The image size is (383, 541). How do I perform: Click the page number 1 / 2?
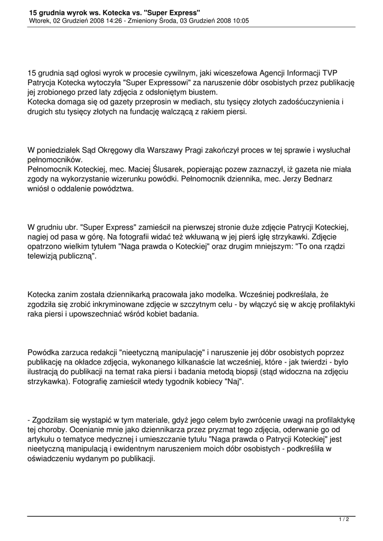tap(344, 519)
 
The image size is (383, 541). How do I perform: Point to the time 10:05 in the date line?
tap(238, 21)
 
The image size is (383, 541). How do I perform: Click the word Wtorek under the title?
tap(40, 21)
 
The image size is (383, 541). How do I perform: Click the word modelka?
tap(219, 295)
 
